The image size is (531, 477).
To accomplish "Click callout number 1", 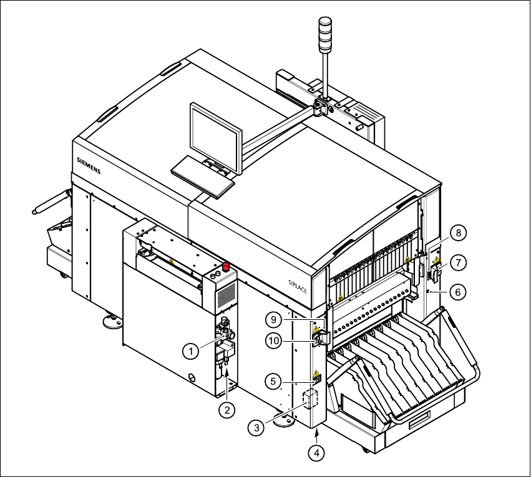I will [192, 351].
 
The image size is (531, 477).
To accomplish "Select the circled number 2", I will [228, 410].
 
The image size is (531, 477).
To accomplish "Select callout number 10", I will [273, 340].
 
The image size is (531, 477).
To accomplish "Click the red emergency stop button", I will [227, 267].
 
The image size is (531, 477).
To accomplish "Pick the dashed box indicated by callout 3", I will [310, 400].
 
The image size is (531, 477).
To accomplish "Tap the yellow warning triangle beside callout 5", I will [316, 375].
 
